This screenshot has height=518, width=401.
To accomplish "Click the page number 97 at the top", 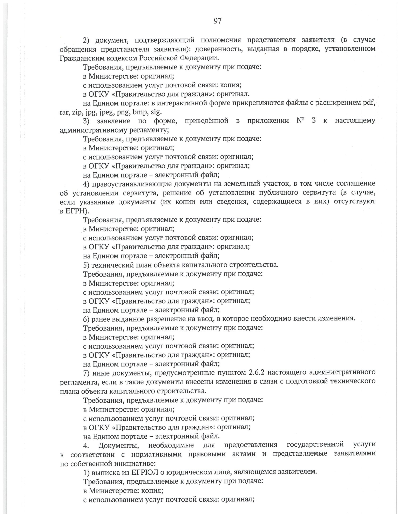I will coord(217,21).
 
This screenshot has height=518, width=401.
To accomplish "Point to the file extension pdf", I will coord(369,103).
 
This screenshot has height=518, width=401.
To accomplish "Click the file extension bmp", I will coord(140,112).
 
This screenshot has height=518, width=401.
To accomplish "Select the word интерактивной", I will coord(183,103).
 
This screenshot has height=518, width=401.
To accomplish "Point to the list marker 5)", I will coord(86,265).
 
